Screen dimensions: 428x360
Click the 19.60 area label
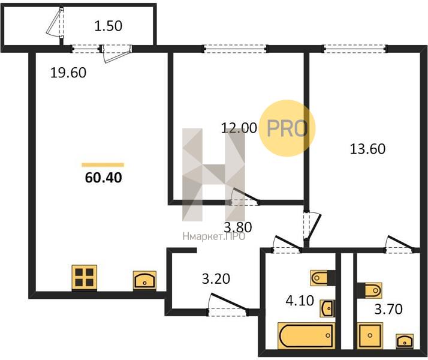(x=68, y=73)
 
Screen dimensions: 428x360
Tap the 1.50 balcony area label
(x=108, y=26)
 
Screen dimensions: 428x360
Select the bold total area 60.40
(x=104, y=178)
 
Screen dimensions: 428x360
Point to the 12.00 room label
(x=239, y=128)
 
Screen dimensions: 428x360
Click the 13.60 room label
(x=367, y=149)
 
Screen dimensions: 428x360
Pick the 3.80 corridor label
(x=238, y=227)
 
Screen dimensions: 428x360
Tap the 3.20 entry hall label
(x=216, y=279)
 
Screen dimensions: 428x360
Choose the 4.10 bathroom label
(x=300, y=301)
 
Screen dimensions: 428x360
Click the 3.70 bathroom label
(x=388, y=310)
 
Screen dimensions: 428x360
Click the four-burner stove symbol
(x=85, y=277)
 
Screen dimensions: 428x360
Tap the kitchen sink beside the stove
(x=144, y=280)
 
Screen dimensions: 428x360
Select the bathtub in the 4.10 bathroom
(x=306, y=335)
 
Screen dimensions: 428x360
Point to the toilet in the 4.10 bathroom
(x=323, y=278)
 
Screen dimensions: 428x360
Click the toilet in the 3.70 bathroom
(x=369, y=290)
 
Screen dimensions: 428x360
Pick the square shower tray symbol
(x=370, y=335)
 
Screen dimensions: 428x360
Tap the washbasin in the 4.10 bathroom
(x=327, y=308)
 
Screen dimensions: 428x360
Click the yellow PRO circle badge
(x=287, y=128)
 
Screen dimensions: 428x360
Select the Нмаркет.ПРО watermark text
(x=214, y=236)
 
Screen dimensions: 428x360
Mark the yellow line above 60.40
(x=103, y=165)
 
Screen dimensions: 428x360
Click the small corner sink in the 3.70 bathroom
(x=405, y=341)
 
